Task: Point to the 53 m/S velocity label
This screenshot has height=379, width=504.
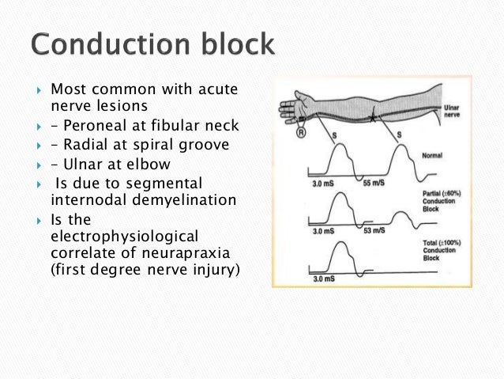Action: point(374,232)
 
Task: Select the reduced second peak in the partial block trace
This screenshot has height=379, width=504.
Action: point(401,214)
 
